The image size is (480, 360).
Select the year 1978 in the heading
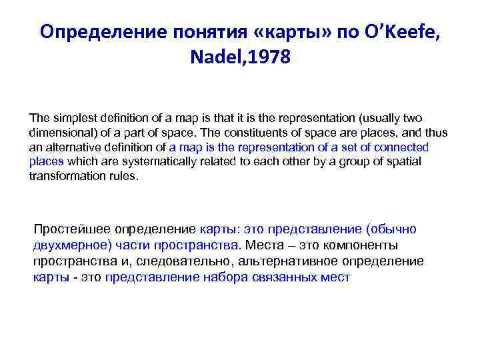[270, 58]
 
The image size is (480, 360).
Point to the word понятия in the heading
[201, 32]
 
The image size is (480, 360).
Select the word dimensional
[59, 132]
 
